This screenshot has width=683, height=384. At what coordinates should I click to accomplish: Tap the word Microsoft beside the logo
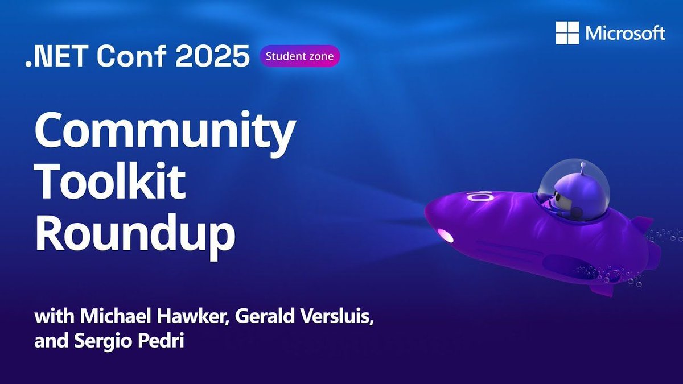(625, 34)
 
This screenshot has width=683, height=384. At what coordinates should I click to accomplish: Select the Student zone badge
(300, 56)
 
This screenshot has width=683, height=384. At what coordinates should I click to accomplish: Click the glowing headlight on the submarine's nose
(445, 234)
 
